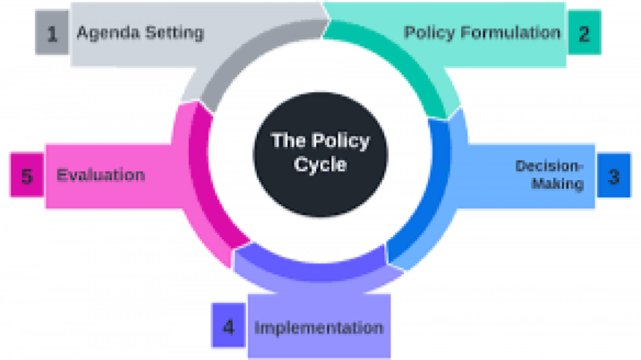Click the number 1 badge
[52, 34]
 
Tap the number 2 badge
[584, 34]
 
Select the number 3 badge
[613, 177]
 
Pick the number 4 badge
[230, 327]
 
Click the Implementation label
[318, 328]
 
